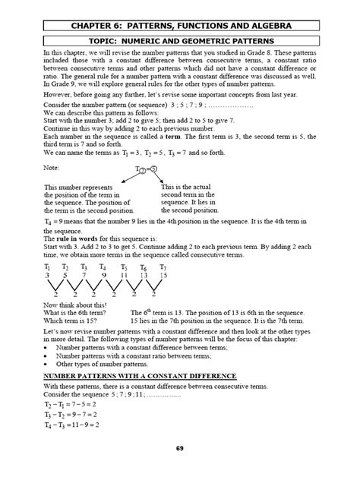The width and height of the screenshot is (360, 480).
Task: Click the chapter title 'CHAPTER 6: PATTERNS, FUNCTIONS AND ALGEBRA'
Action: (x=180, y=27)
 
